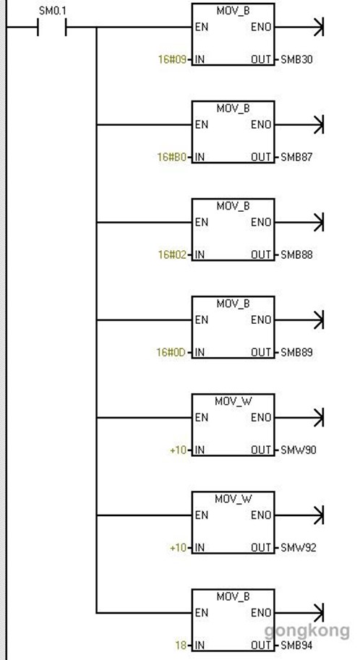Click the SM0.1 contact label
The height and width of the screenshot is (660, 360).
click(52, 11)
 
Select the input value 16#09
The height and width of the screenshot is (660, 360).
click(172, 59)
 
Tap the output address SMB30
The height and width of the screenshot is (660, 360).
click(297, 59)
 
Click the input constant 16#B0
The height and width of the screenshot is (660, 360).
click(172, 157)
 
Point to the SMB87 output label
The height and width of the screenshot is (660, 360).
click(297, 157)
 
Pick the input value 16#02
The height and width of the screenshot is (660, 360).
click(172, 254)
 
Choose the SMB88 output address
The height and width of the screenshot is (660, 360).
click(297, 254)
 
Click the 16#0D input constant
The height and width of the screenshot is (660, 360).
click(171, 352)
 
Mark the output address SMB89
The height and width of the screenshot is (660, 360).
click(297, 352)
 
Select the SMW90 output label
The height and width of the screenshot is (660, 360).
click(298, 450)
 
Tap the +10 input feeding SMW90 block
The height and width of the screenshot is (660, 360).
click(178, 450)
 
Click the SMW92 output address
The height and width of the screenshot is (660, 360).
click(298, 548)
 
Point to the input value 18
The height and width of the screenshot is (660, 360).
click(181, 646)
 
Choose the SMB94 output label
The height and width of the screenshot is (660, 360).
click(297, 646)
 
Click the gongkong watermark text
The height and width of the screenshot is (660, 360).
click(307, 631)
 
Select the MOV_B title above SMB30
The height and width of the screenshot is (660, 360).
click(233, 11)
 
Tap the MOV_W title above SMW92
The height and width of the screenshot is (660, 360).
click(233, 500)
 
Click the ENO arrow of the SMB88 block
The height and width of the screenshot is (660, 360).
click(299, 222)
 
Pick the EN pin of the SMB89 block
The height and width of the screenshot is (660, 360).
click(201, 320)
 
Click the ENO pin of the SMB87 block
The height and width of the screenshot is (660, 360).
click(261, 124)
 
